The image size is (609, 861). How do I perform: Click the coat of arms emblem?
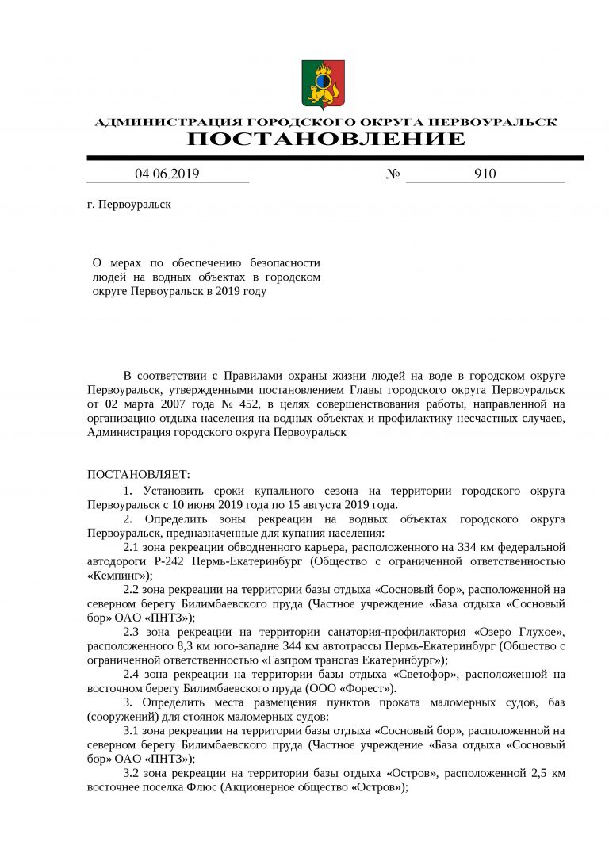click(x=323, y=84)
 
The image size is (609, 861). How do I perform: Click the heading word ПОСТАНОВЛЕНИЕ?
click(x=326, y=140)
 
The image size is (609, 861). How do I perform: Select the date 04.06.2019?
click(x=167, y=174)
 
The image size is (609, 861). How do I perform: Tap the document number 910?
click(x=485, y=174)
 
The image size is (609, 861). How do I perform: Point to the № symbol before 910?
click(x=393, y=174)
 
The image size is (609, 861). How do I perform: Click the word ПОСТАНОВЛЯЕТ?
click(x=138, y=475)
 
